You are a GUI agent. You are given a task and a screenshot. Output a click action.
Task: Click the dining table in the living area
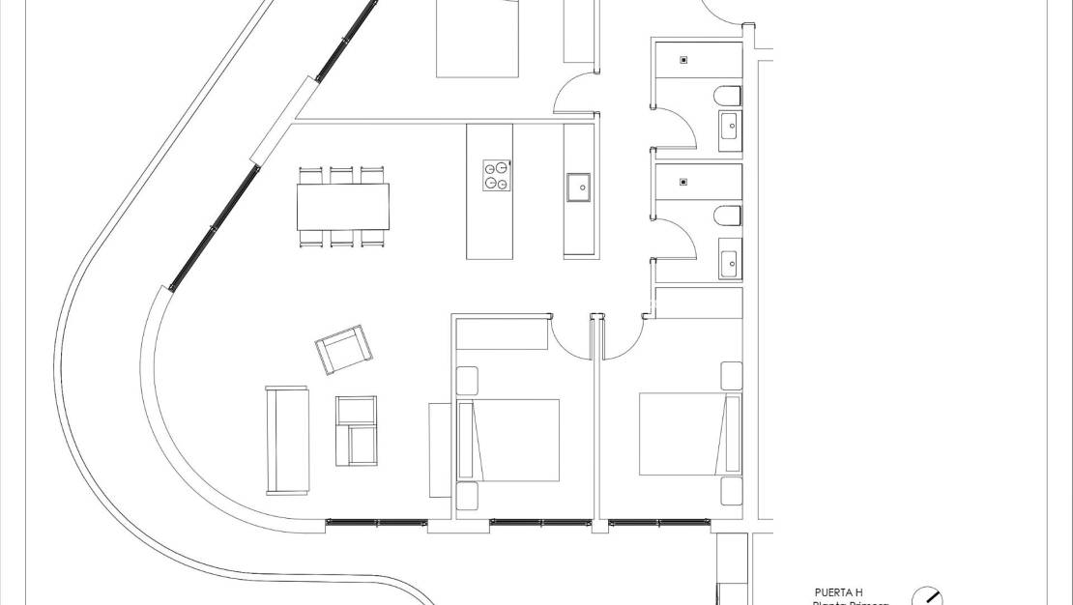click(x=344, y=206)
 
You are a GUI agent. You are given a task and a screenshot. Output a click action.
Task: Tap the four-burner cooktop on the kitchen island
click(x=496, y=175)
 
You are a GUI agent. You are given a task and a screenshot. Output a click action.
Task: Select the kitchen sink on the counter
click(x=579, y=187)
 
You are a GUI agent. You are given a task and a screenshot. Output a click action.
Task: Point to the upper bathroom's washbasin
click(x=730, y=124)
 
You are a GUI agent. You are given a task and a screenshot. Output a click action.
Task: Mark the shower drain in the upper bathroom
click(x=684, y=60)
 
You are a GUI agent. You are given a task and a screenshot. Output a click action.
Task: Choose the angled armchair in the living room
click(x=342, y=349)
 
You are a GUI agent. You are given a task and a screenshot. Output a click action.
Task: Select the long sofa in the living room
click(x=286, y=439)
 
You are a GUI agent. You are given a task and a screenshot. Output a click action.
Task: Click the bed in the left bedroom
click(x=510, y=440)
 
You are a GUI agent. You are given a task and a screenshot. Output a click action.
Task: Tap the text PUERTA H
click(x=838, y=592)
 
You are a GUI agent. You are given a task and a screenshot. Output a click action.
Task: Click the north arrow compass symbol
click(x=928, y=597)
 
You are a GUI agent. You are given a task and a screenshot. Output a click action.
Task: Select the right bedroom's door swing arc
click(x=623, y=338)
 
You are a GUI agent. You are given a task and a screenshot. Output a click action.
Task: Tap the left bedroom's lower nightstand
click(x=468, y=497)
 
